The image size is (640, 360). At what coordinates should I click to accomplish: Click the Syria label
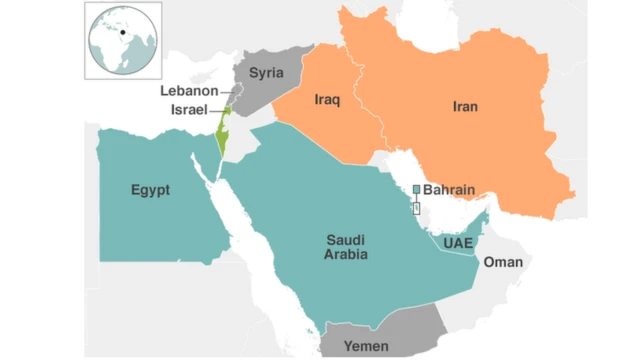(x=266, y=73)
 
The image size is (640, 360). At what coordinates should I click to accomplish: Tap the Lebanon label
(x=189, y=91)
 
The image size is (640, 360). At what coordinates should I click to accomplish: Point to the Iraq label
(x=328, y=100)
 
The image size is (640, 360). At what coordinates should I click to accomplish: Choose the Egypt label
(x=150, y=190)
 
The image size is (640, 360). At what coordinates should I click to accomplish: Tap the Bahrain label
(x=450, y=188)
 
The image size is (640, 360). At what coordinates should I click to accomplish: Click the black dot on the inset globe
(x=123, y=32)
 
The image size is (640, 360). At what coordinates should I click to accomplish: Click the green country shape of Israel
(x=222, y=140)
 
